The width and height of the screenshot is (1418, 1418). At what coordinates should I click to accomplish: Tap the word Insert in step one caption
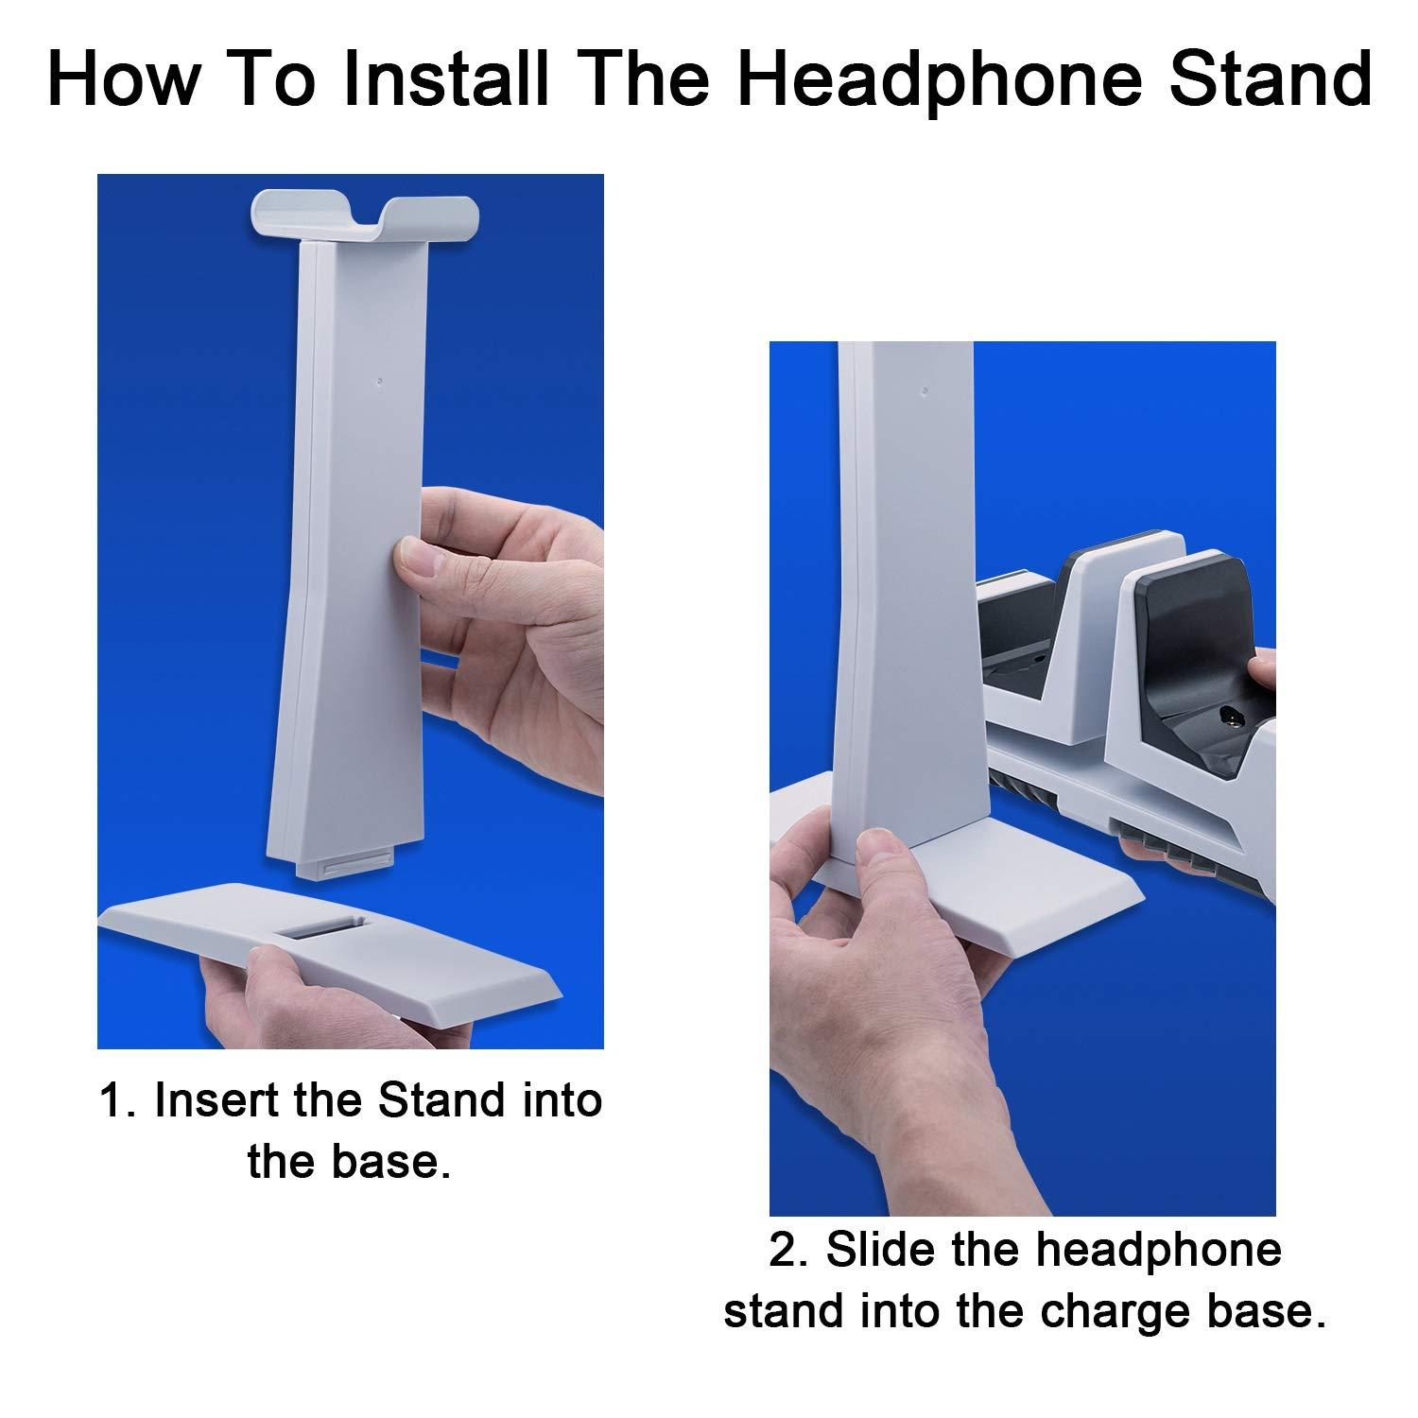click(x=211, y=1101)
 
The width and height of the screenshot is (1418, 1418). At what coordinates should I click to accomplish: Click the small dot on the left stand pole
click(x=379, y=384)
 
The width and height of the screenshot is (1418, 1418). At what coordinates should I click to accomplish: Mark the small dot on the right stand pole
click(x=925, y=388)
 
